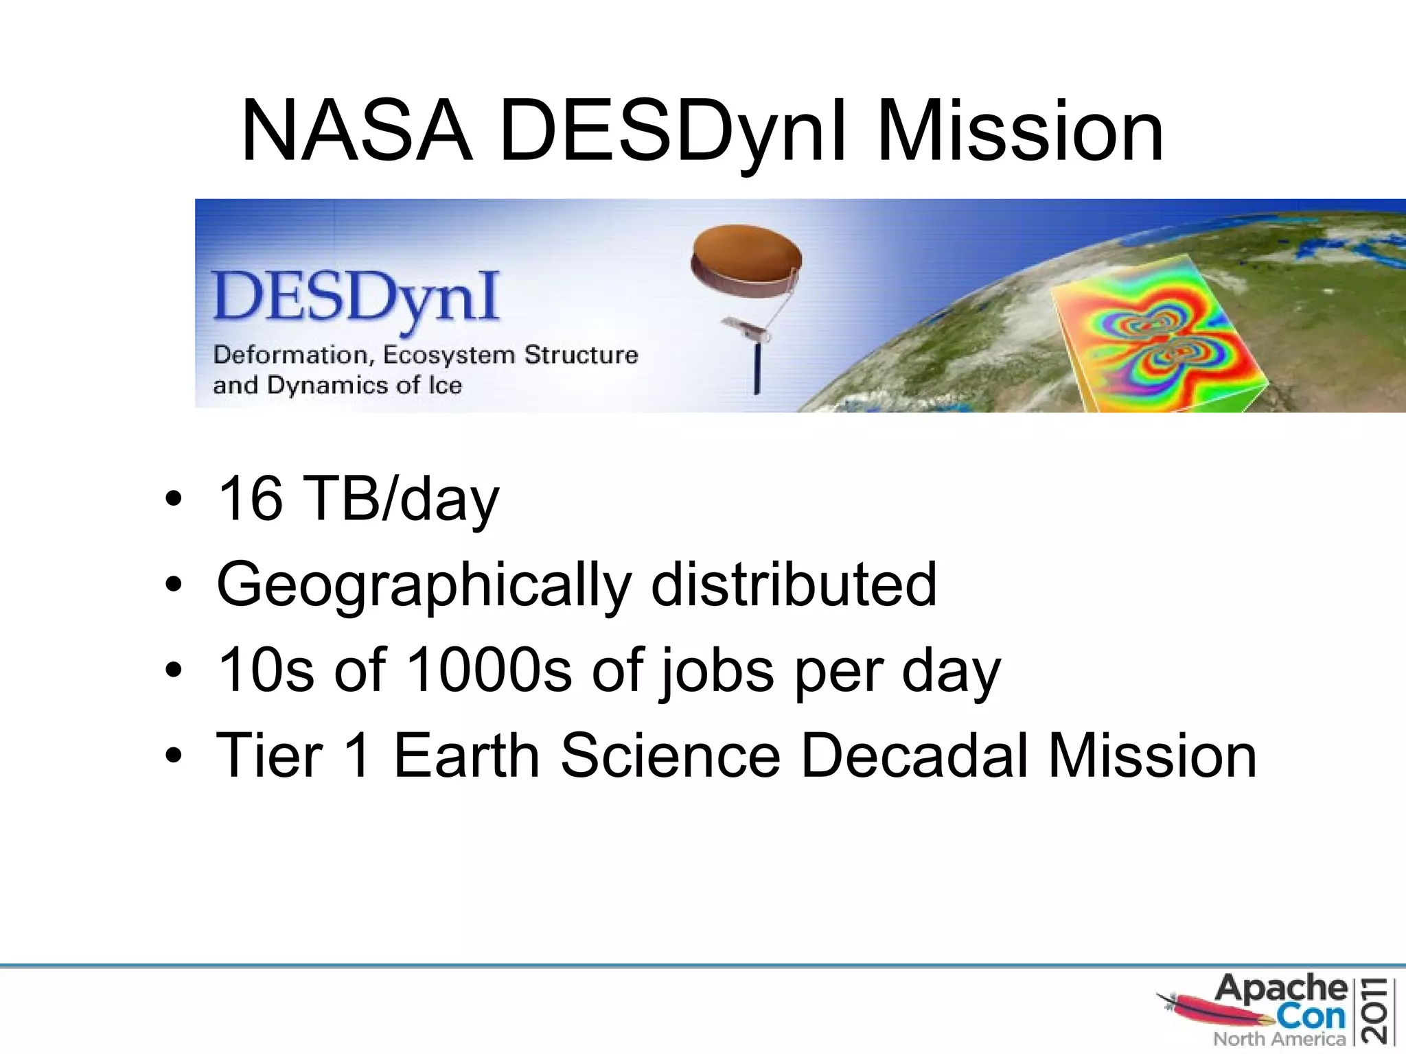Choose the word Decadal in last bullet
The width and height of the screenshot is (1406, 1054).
tap(914, 756)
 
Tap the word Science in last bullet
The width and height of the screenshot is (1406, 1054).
tap(671, 756)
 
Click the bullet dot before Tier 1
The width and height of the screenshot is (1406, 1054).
tap(174, 756)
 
